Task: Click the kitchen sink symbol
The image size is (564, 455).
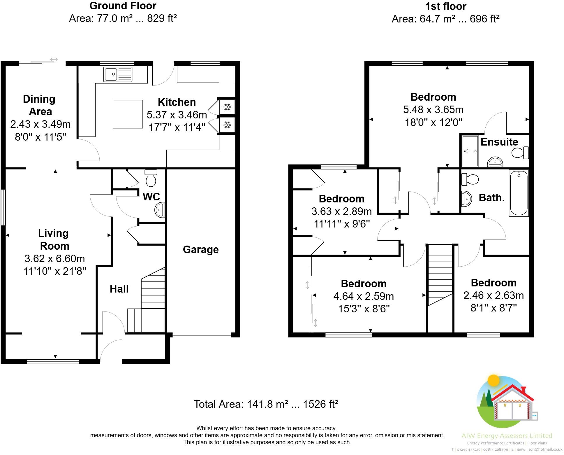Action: pos(118,74)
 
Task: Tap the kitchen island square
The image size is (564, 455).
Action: pos(128,114)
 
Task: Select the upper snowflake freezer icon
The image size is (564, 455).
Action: pos(227,107)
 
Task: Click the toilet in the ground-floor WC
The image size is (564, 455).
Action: pos(151,178)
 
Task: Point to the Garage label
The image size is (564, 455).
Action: pos(201,250)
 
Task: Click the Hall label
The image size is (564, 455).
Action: pos(119,289)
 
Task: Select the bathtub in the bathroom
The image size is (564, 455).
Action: pos(519,193)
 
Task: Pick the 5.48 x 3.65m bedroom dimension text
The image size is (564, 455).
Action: pos(433,110)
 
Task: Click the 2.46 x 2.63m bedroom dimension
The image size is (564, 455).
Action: pos(493,295)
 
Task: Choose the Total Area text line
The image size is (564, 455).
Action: pos(266,404)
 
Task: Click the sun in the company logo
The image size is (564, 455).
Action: pos(493,381)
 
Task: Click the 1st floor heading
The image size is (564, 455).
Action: pos(446,6)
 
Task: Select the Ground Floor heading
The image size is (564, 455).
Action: pos(123,6)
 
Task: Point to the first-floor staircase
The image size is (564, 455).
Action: pos(440,274)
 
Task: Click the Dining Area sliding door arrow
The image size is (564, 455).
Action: pos(54,60)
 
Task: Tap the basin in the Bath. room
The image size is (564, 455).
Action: pos(466,199)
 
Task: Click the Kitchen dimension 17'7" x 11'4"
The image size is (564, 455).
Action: pos(177,127)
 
